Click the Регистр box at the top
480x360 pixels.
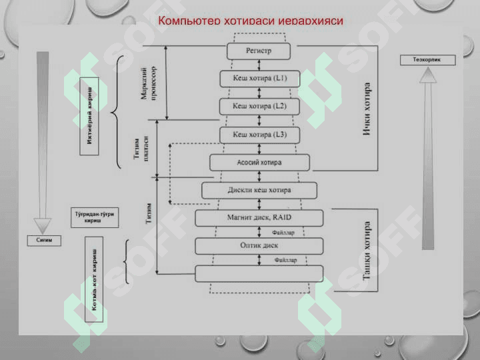[x=259, y=51]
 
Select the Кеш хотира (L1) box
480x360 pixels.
[x=259, y=79]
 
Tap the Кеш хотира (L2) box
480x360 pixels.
[x=259, y=106]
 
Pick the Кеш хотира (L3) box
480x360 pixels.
[x=259, y=135]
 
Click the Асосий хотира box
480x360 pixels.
[x=259, y=163]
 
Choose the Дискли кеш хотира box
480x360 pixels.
[x=259, y=191]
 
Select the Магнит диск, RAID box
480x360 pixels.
[x=259, y=218]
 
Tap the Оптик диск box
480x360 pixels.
[x=259, y=245]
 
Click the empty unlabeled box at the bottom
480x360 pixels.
[x=259, y=273]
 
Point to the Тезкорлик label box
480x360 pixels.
[x=428, y=60]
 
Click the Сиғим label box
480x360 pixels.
[x=44, y=240]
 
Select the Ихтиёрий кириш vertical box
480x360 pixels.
[x=89, y=116]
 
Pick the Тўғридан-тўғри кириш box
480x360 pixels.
[x=94, y=218]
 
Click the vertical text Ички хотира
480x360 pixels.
[x=367, y=111]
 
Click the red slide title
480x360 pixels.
[x=251, y=21]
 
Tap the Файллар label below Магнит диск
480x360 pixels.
[x=284, y=233]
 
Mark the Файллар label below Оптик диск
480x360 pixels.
[x=285, y=259]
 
